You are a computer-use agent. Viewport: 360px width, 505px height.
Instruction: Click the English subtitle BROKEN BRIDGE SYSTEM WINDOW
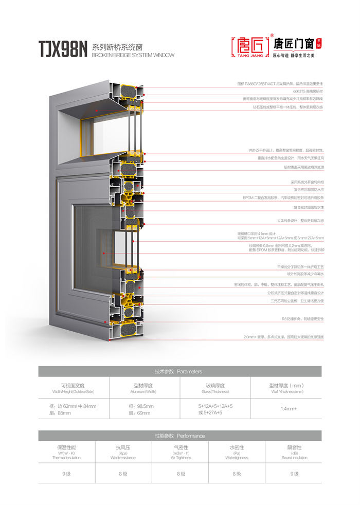click(133, 55)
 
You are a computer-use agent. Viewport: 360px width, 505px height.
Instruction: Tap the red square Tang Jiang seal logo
click(250, 47)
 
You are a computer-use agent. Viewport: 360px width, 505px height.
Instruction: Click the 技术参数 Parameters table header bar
click(179, 371)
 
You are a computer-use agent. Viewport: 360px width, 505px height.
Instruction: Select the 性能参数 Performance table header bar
click(179, 436)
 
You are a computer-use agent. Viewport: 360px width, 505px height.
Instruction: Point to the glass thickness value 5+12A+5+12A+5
click(215, 406)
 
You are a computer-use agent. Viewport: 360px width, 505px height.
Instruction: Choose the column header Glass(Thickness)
click(215, 392)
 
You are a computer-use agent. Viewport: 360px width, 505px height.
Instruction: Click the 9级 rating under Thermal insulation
click(66, 473)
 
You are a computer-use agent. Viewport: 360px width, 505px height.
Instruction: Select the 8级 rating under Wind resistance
click(123, 473)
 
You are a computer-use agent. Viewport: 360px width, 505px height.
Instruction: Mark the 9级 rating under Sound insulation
click(294, 473)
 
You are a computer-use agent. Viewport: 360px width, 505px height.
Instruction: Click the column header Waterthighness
click(237, 457)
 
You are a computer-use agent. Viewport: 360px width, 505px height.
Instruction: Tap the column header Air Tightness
click(180, 457)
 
